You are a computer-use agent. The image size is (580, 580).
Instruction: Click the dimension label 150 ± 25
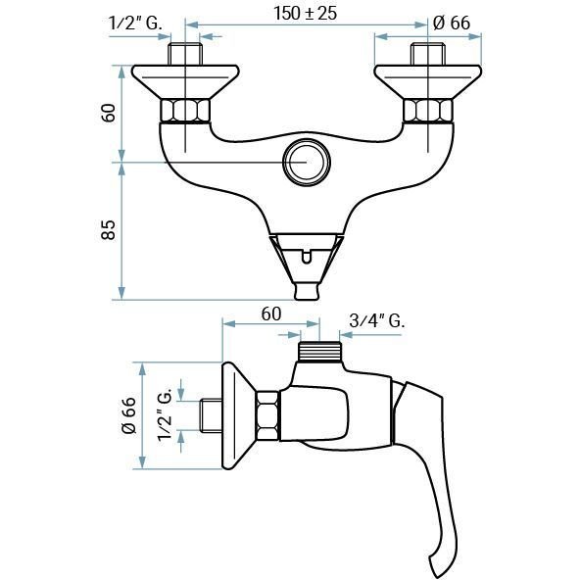pos(305,14)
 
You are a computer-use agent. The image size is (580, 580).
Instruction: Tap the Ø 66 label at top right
pos(452,23)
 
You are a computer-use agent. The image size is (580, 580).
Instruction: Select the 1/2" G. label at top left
pos(135,24)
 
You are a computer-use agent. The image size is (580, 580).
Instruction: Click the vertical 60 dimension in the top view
pos(109,113)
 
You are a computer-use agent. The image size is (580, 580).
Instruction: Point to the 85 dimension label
pos(109,230)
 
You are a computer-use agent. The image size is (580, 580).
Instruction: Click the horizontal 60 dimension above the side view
pos(271,314)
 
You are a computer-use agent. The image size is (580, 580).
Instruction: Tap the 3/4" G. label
pos(377,320)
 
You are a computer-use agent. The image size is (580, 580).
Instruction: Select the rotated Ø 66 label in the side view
pos(128,415)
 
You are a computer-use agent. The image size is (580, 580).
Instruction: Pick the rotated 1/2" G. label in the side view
pos(165,414)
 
